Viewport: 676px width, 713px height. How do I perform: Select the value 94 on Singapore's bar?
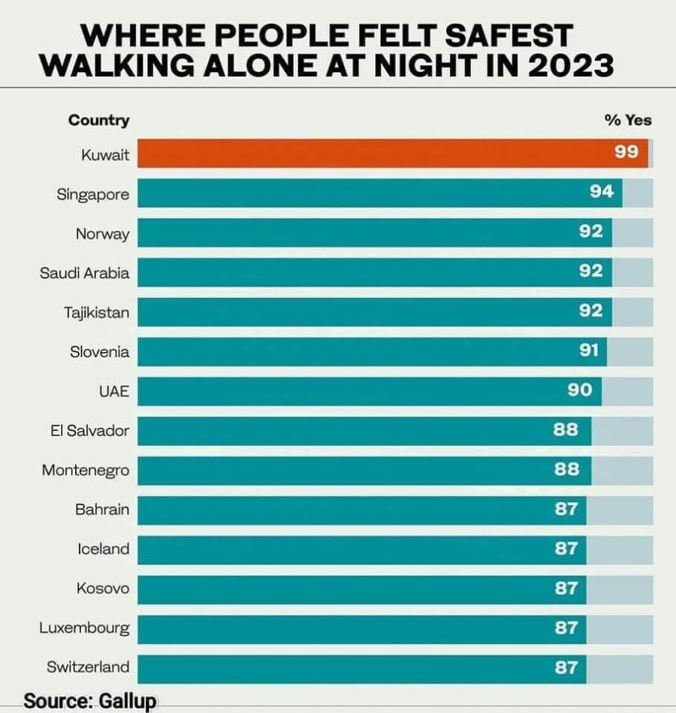(x=602, y=192)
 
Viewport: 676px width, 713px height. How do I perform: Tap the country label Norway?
(x=102, y=234)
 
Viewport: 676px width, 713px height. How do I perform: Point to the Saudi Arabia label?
(x=84, y=273)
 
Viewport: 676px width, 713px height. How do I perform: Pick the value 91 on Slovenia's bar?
(x=589, y=350)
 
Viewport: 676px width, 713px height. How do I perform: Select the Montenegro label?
(x=86, y=471)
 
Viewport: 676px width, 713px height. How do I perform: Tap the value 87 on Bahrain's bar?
(x=566, y=509)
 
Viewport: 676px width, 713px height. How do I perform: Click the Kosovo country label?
(x=103, y=588)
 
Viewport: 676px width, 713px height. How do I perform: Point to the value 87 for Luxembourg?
(x=566, y=627)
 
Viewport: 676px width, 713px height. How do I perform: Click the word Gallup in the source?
(x=127, y=701)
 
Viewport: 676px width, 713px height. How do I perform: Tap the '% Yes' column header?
(x=628, y=120)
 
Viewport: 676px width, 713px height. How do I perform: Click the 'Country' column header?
(x=98, y=120)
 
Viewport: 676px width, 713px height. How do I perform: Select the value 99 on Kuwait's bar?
(x=626, y=152)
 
